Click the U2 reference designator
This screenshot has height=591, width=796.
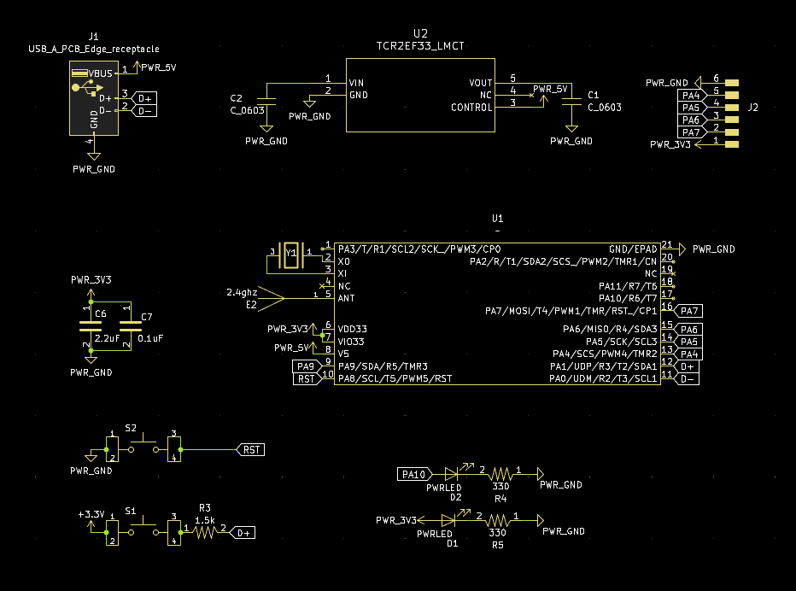[419, 33]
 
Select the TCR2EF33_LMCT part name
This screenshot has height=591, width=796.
[420, 45]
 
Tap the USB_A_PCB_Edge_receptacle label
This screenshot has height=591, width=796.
[94, 50]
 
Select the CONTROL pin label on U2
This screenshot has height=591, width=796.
[471, 108]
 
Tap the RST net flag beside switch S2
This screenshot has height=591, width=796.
[251, 449]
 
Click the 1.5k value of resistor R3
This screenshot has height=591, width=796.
[205, 519]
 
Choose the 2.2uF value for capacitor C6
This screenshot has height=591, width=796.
[107, 338]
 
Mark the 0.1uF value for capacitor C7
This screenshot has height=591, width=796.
[150, 338]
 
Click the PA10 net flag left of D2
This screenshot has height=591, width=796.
[413, 474]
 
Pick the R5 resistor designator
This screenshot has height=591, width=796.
[498, 544]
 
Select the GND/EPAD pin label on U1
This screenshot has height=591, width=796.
[633, 249]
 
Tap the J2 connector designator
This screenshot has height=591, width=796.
[752, 108]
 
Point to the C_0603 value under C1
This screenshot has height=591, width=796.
[604, 108]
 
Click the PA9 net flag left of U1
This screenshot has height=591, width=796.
[307, 366]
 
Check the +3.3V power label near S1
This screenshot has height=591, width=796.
[91, 515]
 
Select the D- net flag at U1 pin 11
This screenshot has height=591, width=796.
[688, 378]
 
